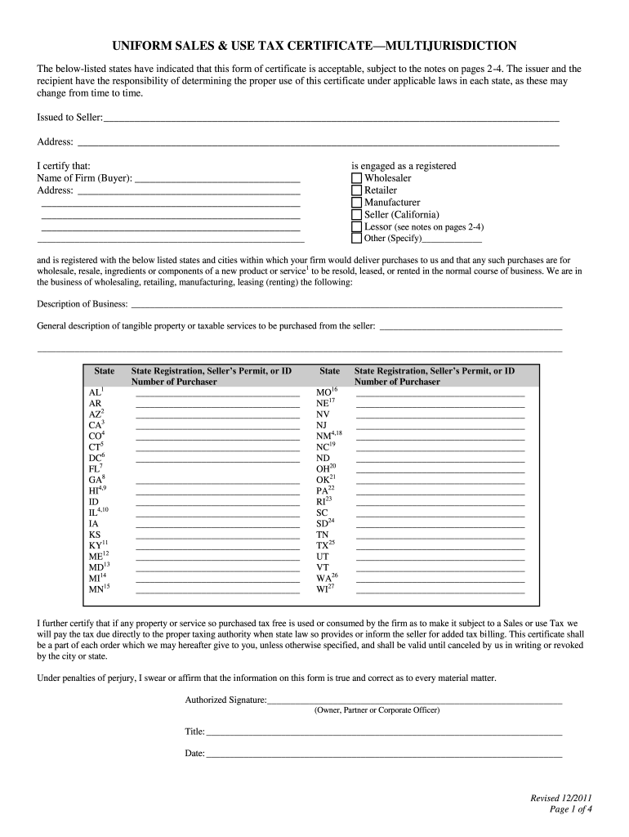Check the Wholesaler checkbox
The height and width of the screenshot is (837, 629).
[356, 178]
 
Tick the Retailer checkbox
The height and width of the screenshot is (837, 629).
[356, 190]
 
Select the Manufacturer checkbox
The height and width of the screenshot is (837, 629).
[356, 203]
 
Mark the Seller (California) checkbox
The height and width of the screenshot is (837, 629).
[356, 215]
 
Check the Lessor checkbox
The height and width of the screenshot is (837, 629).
[356, 227]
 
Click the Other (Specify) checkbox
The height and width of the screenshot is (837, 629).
[356, 239]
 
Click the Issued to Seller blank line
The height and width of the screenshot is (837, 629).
[331, 119]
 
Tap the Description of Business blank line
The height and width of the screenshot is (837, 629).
[346, 306]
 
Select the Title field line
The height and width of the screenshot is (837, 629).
[383, 732]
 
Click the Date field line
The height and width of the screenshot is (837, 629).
[383, 754]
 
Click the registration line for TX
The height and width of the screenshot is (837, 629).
[439, 545]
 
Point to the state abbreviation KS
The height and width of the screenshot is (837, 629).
[95, 535]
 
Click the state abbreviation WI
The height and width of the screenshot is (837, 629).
[323, 589]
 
